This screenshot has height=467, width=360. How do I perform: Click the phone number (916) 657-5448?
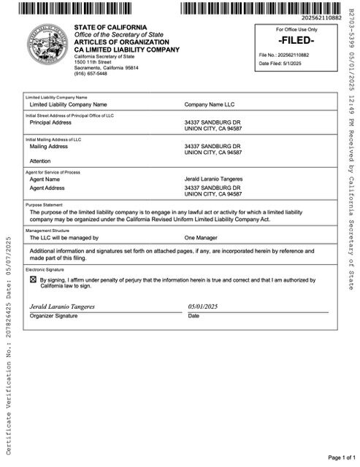click(91, 74)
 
